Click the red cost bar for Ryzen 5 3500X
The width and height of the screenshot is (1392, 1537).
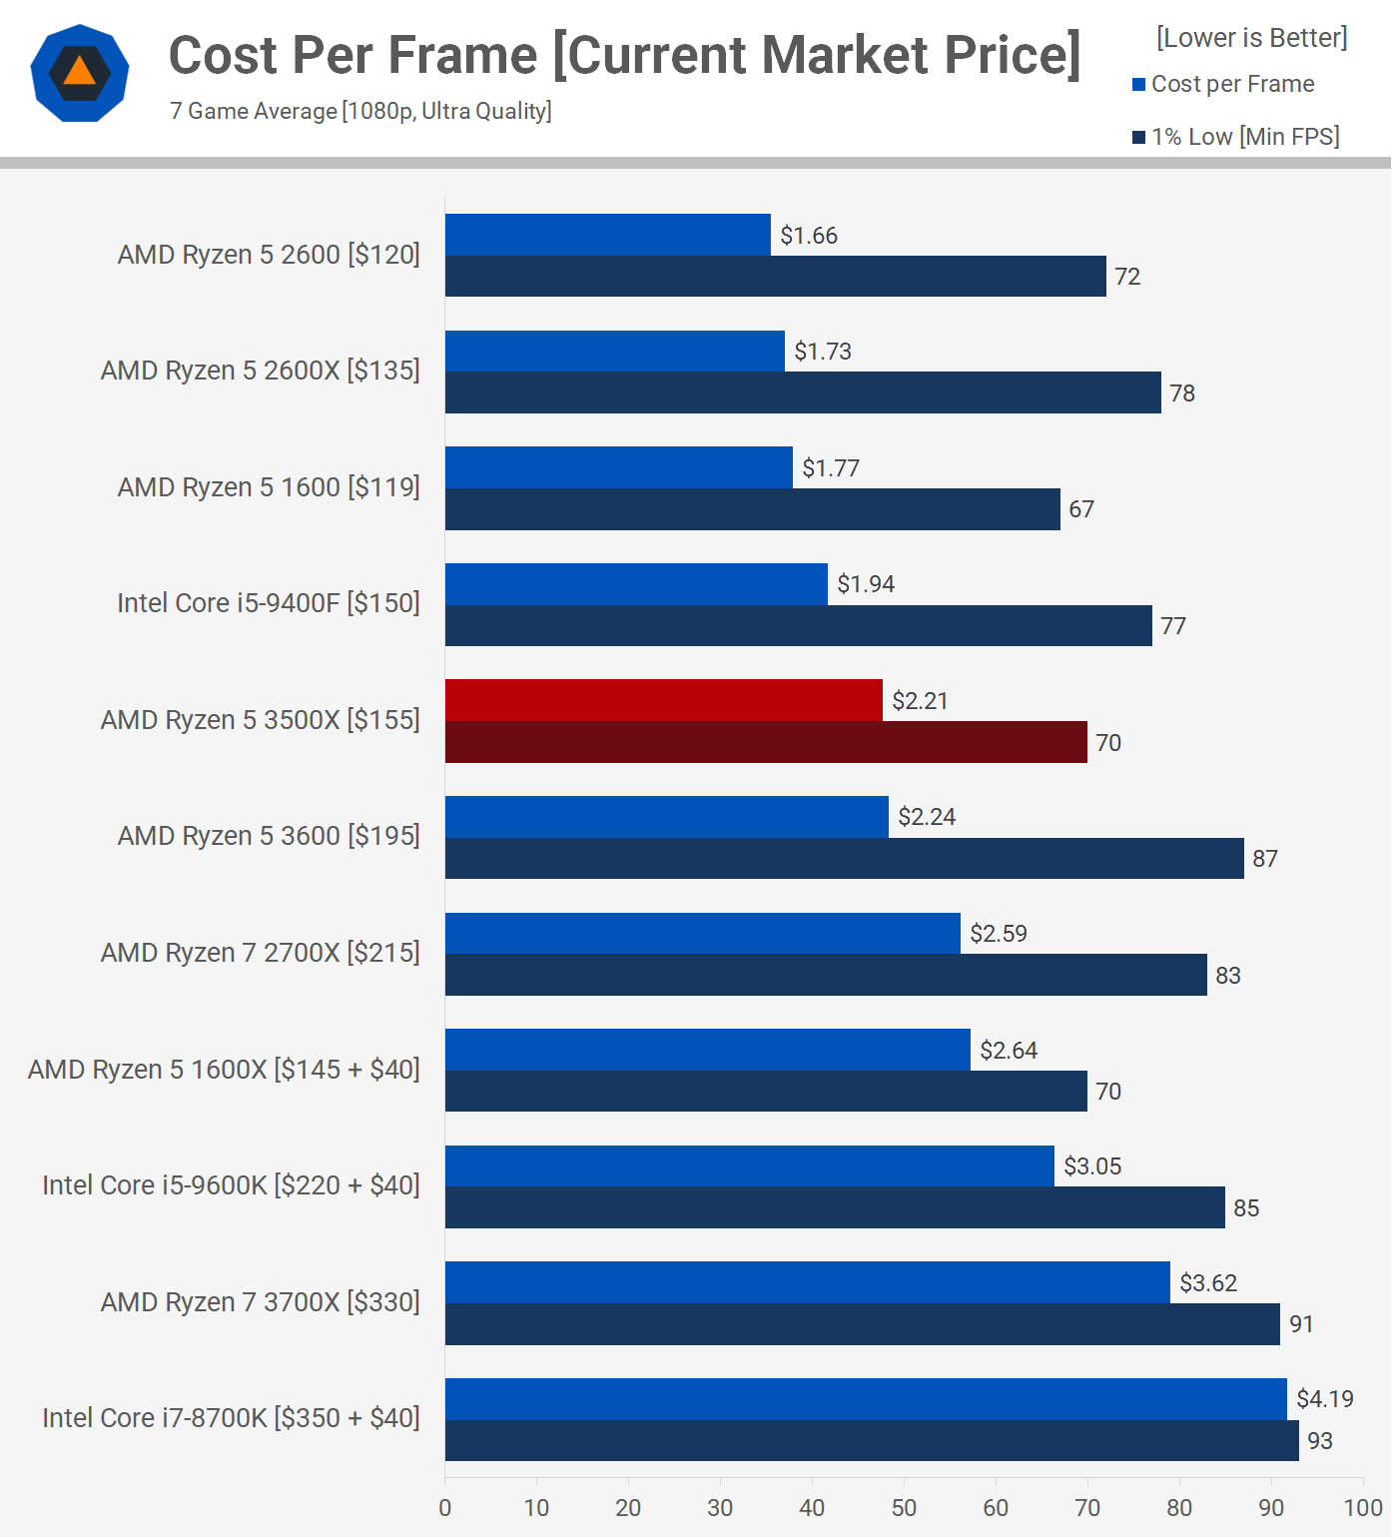point(664,700)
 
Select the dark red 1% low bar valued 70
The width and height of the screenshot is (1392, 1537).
point(766,742)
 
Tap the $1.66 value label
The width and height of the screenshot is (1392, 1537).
point(809,236)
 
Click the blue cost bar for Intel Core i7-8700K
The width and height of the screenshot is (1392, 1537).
point(866,1399)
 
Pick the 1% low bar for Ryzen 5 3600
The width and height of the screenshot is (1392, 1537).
point(844,859)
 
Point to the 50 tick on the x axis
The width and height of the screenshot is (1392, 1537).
point(904,1508)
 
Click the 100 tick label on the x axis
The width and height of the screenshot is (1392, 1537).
point(1363,1508)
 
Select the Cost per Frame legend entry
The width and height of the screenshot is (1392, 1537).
point(1223,84)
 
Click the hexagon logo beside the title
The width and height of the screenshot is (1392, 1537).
point(80,73)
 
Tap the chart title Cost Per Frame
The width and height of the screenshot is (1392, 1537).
point(624,55)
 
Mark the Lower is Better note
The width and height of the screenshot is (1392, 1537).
point(1252,38)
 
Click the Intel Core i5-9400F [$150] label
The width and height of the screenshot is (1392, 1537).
point(269,603)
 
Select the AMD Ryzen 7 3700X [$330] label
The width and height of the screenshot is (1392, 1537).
point(261,1302)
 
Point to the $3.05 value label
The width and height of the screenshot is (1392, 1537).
point(1092,1166)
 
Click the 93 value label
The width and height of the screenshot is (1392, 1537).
point(1320,1441)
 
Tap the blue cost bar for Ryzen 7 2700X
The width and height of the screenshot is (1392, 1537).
point(703,934)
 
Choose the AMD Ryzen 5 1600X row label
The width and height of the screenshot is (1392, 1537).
point(224,1070)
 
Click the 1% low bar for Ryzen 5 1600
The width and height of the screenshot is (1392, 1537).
point(753,509)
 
